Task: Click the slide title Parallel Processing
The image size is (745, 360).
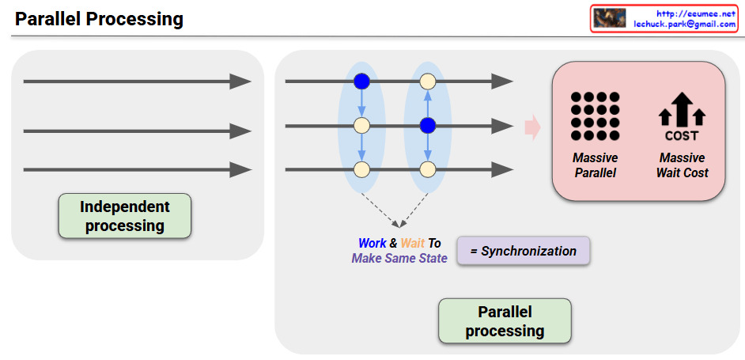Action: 99,19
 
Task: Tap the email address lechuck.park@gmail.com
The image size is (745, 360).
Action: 685,25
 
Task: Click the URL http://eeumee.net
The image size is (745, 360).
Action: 697,13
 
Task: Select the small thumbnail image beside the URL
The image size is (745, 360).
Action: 610,19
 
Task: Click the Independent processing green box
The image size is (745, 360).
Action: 125,216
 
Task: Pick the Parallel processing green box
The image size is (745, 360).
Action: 505,320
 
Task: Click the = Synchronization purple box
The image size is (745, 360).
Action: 524,251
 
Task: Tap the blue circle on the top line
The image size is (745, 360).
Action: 361,81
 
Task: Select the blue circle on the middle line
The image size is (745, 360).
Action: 428,125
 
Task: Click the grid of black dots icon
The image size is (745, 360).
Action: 595,116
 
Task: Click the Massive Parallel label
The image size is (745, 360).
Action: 595,165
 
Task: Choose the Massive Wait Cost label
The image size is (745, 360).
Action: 682,165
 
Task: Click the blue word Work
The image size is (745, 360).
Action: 372,244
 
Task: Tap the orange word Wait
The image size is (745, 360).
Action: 413,244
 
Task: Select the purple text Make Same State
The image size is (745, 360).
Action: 399,258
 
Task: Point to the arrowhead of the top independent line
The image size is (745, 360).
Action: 240,81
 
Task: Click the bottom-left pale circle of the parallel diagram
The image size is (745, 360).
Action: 361,169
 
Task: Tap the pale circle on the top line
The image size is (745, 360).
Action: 428,81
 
